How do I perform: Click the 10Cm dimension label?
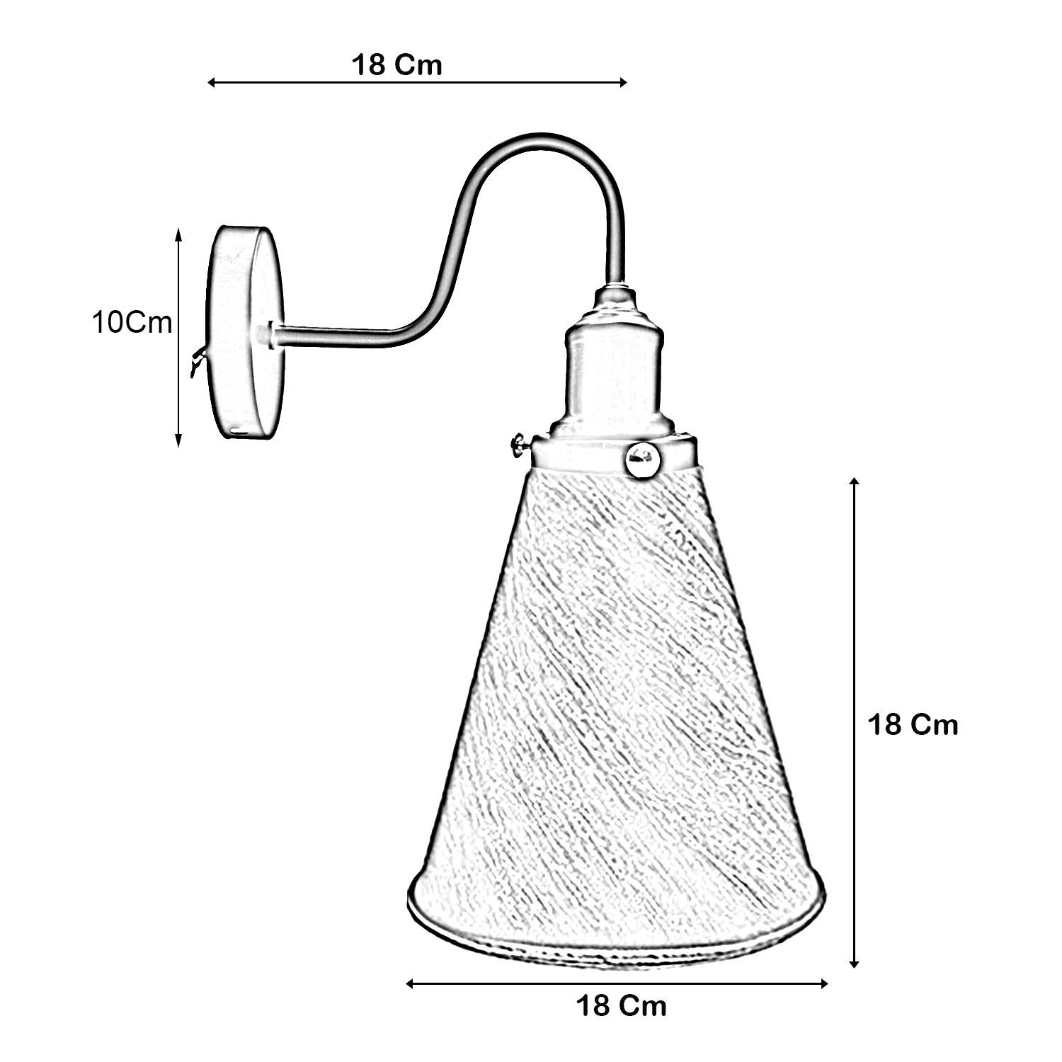[x=132, y=322]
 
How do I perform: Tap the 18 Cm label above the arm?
[x=396, y=64]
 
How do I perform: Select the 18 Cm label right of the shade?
[x=913, y=724]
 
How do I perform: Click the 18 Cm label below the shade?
[x=621, y=1005]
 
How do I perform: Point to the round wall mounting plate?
[x=244, y=333]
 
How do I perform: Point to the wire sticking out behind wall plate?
[x=198, y=361]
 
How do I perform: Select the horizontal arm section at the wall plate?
[x=333, y=336]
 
